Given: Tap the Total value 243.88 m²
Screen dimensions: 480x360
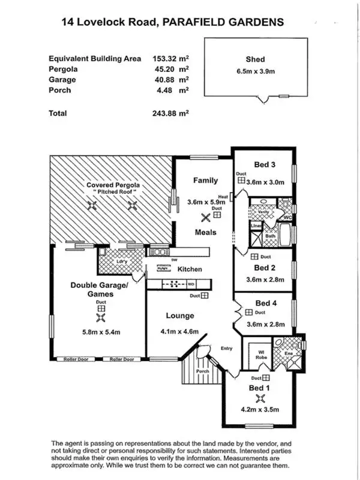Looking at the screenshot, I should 171,113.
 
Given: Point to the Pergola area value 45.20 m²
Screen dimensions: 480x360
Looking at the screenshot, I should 171,69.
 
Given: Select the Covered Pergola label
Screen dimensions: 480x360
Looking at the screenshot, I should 113,185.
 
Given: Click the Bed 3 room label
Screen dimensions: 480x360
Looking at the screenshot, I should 265,165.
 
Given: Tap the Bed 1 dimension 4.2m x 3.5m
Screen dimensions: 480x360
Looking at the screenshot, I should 260,410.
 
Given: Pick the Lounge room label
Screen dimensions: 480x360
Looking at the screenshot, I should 180,316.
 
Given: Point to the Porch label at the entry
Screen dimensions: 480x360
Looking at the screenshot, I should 202,371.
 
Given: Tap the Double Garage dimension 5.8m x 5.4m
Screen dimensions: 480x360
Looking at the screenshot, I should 100,331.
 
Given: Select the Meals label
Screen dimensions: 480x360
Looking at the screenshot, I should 205,232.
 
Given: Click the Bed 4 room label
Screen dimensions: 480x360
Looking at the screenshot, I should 265,304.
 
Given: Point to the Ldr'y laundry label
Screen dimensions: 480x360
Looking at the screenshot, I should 120,262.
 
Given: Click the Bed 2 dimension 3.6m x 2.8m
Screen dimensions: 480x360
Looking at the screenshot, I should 265,279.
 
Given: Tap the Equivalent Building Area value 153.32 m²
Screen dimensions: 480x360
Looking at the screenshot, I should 171,59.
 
